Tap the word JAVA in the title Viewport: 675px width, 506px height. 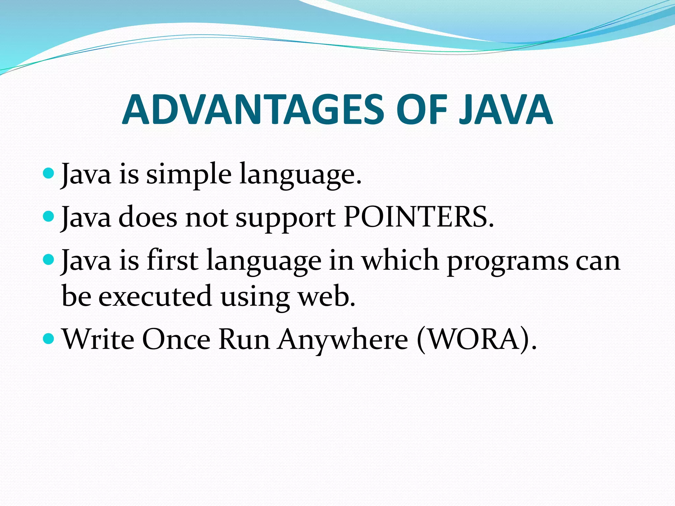click(506, 110)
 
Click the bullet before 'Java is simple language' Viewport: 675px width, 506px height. click(48, 172)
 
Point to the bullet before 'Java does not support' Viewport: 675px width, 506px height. click(48, 216)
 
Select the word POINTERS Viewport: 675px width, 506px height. click(419, 217)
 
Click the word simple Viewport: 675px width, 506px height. click(189, 175)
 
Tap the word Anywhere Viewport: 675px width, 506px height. click(343, 340)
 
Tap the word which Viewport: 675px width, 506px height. click(400, 260)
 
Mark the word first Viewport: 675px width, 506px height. click(172, 260)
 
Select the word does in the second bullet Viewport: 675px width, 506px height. click(148, 217)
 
